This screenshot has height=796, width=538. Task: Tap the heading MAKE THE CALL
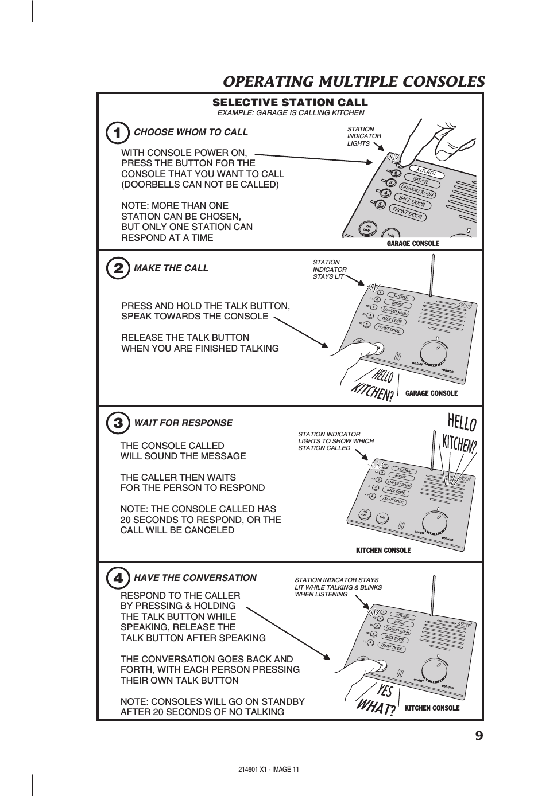[171, 268]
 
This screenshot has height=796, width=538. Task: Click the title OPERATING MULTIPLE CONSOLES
[353, 81]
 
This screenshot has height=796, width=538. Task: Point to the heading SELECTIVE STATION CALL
[290, 103]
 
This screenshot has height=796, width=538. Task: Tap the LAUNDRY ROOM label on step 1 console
[417, 190]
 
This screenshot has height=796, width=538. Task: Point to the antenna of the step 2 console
[430, 276]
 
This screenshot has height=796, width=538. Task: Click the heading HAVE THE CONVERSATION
[195, 578]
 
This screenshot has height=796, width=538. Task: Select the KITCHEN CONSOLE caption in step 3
[384, 551]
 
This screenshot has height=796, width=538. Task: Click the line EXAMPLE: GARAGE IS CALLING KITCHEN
[290, 113]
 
